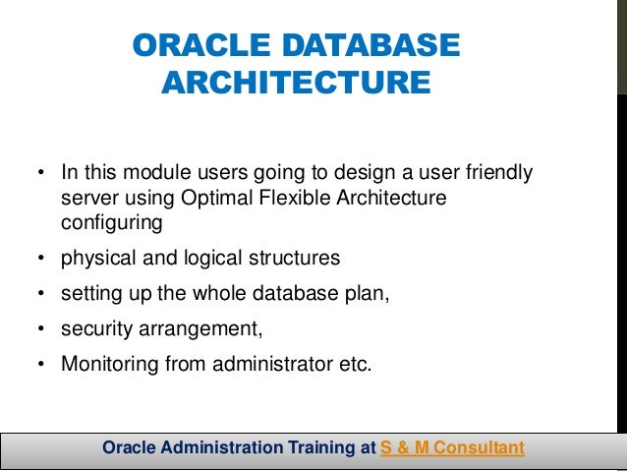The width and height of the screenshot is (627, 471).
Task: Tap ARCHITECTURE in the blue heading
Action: (295, 83)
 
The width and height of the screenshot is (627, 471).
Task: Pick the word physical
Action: (96, 259)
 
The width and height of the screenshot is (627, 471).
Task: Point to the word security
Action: (94, 328)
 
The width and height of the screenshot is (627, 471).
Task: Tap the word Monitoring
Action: (104, 363)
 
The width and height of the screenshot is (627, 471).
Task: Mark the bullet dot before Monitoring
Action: (40, 364)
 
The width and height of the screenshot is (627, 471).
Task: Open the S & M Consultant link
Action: (452, 448)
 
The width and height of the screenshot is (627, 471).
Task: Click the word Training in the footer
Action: (318, 448)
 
